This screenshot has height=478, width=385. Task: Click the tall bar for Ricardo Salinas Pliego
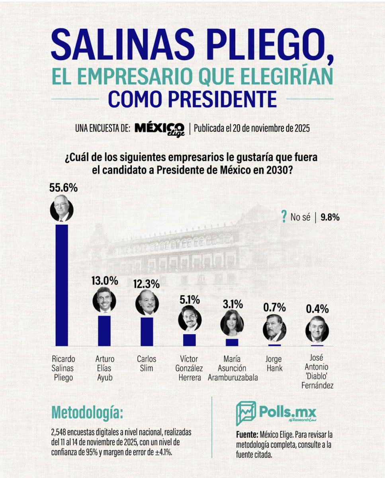tap(62, 285)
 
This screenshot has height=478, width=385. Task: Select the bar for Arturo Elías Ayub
tap(104, 330)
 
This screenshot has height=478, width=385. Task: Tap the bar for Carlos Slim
tap(147, 331)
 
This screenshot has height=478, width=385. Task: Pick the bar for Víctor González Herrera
tap(190, 339)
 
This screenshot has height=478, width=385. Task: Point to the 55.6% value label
tap(63, 188)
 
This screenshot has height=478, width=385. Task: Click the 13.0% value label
tap(104, 281)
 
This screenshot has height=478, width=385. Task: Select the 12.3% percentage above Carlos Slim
tap(147, 284)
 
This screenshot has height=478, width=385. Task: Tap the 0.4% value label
tap(317, 309)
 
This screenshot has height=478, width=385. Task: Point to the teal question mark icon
tap(283, 217)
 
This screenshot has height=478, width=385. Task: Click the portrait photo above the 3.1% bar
tap(232, 324)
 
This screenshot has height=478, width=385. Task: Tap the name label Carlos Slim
tap(147, 363)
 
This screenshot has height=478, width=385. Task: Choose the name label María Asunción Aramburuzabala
tap(233, 368)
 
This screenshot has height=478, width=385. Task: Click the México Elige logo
tap(159, 129)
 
